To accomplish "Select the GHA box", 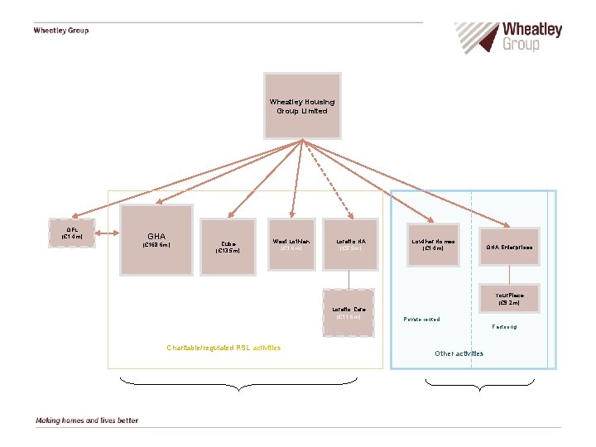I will (x=157, y=239).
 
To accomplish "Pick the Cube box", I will (x=227, y=247).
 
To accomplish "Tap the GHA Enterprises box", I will (x=509, y=247).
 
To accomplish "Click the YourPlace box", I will (x=509, y=299).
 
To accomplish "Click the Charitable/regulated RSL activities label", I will (x=223, y=348).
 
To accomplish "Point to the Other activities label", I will (x=459, y=353).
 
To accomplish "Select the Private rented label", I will (x=421, y=320).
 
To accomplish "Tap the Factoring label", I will (x=504, y=327).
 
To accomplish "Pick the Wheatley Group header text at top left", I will (x=60, y=31).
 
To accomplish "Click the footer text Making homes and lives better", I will (x=87, y=421).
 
